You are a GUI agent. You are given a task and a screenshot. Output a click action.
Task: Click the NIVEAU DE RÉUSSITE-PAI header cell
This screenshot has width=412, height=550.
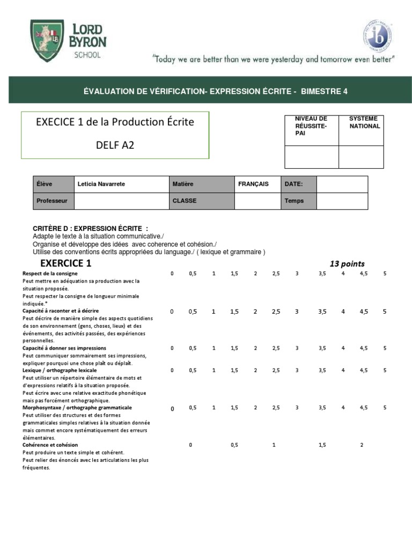click(x=311, y=125)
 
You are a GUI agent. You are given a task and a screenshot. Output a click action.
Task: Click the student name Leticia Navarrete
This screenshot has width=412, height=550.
click(x=101, y=184)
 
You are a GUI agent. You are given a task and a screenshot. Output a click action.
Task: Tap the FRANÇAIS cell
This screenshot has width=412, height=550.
click(x=253, y=184)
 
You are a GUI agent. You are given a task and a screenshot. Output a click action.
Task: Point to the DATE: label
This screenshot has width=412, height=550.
click(x=293, y=184)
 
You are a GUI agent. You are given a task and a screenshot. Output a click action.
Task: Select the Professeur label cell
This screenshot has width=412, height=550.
click(x=52, y=201)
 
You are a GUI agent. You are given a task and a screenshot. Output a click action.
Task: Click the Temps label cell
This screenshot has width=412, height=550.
click(x=294, y=201)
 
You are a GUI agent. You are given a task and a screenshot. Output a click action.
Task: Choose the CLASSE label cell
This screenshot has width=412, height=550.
click(x=185, y=201)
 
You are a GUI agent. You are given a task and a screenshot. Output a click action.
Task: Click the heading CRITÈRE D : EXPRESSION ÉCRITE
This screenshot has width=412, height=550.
click(x=90, y=229)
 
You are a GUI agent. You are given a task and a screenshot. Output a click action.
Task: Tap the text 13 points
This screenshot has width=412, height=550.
click(x=347, y=264)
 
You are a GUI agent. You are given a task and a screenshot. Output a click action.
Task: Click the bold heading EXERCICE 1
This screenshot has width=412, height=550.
click(x=66, y=263)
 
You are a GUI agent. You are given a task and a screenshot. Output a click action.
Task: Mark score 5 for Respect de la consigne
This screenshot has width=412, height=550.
click(x=385, y=274)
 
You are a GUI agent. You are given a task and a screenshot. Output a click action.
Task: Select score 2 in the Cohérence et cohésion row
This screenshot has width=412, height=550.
click(x=362, y=445)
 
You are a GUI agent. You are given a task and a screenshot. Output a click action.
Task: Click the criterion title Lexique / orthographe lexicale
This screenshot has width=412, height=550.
click(x=60, y=371)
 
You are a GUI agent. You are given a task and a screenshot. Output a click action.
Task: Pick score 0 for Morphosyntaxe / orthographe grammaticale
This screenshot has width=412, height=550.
click(x=172, y=409)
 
